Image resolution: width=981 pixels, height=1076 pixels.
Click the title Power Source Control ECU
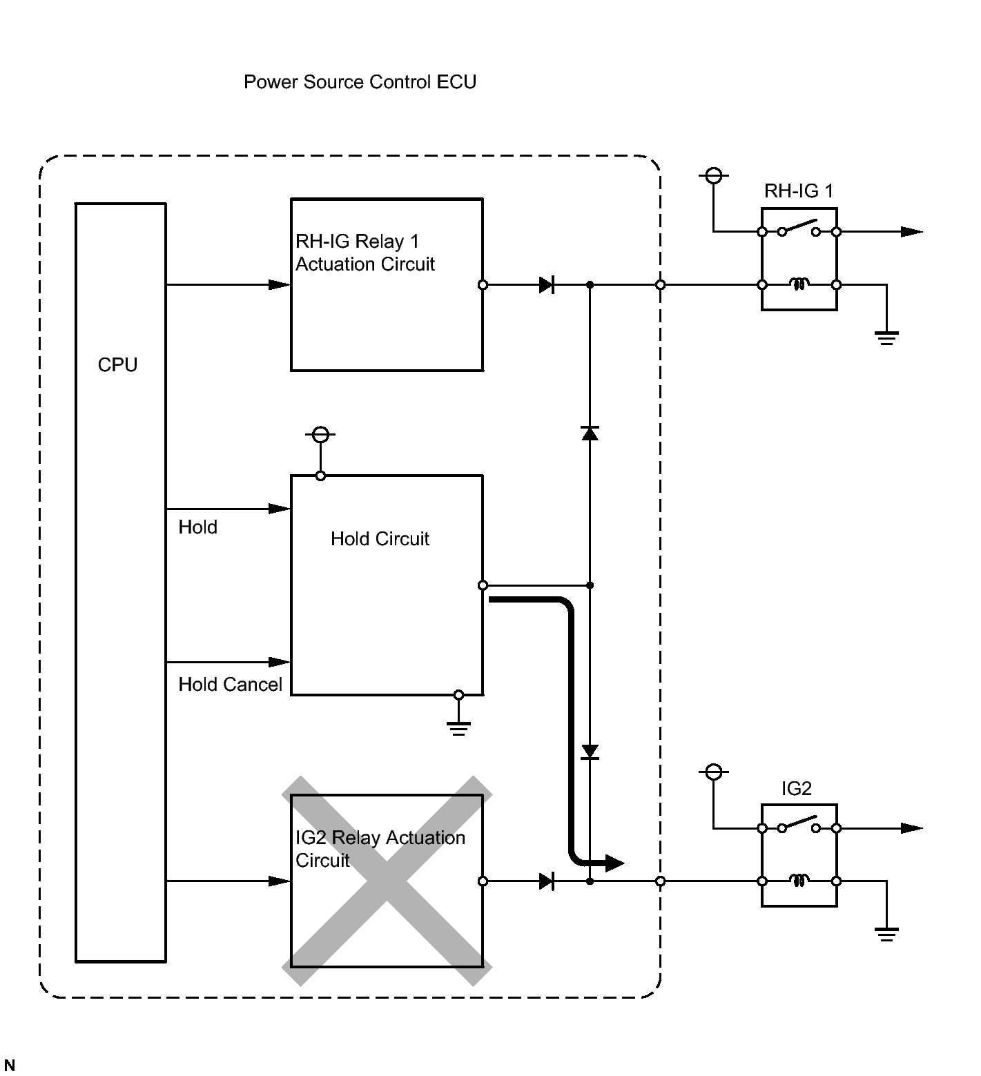(x=360, y=82)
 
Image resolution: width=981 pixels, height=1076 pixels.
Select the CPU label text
(x=118, y=365)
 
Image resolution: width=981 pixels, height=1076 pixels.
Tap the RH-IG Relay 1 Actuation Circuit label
(x=365, y=253)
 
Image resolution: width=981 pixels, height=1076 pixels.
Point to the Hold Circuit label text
(x=380, y=539)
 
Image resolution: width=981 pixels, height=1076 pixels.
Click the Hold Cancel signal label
(x=231, y=685)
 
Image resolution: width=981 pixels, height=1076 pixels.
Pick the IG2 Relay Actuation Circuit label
(x=380, y=849)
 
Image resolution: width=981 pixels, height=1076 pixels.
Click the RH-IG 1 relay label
(x=799, y=191)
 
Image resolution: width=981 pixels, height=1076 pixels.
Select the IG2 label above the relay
(x=797, y=788)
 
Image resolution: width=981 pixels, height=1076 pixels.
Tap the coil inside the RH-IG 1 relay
(x=799, y=284)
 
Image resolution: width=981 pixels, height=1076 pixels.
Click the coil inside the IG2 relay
(x=799, y=881)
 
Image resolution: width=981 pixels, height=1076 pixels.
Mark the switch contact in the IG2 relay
(x=799, y=823)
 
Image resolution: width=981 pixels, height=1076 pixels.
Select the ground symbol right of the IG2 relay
(x=886, y=934)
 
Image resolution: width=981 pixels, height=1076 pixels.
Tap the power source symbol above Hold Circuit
(x=320, y=435)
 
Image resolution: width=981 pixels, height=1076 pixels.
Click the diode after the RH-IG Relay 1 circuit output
(x=547, y=284)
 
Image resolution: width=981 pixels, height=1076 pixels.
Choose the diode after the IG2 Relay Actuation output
(x=547, y=881)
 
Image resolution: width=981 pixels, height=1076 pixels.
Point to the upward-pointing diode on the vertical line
(x=590, y=433)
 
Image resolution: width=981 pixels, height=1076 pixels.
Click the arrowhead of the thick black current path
(x=614, y=862)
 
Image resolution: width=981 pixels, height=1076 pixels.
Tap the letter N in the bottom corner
(x=10, y=1066)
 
